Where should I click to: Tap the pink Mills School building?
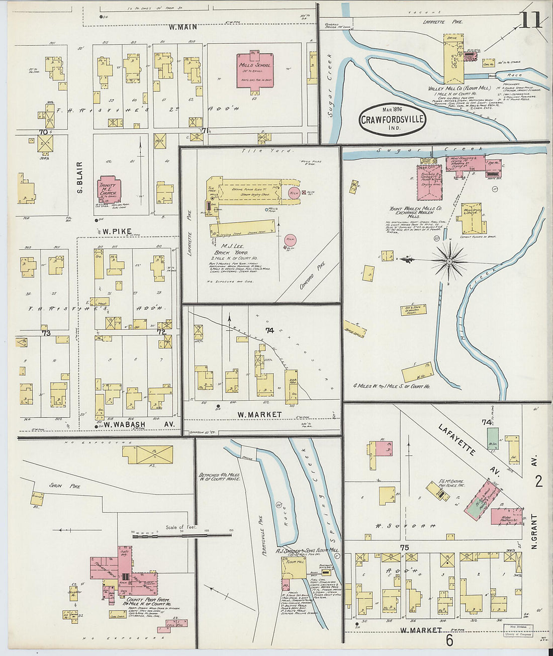coord(254,71)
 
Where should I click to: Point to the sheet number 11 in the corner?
coord(531,21)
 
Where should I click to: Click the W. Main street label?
coord(182,27)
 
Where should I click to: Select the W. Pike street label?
coord(117,231)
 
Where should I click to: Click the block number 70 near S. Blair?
coord(44,132)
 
